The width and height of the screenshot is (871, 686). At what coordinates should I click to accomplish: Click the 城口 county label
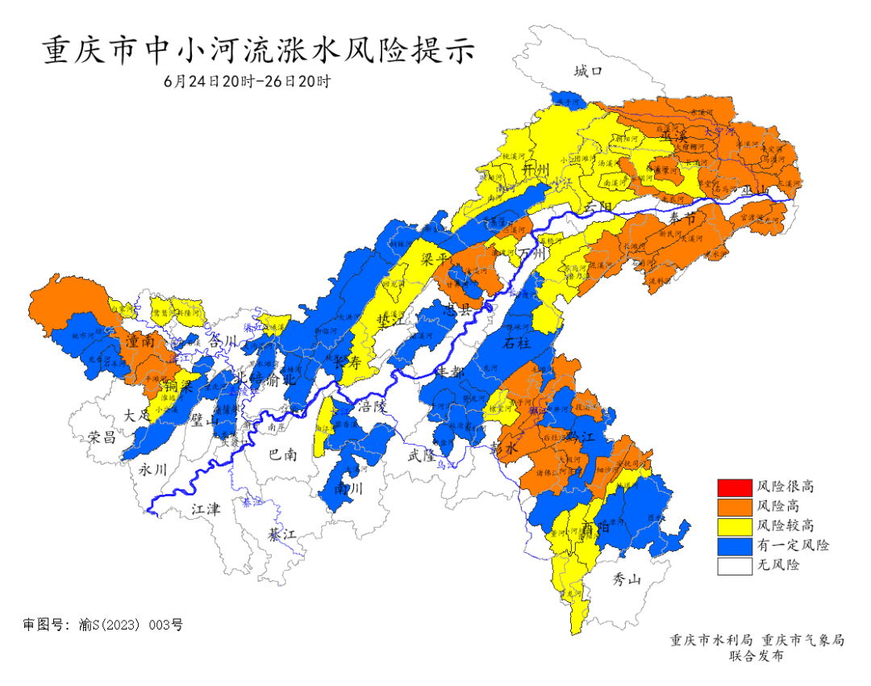click(x=588, y=72)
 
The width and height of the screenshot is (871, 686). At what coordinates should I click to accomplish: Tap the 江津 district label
click(x=206, y=510)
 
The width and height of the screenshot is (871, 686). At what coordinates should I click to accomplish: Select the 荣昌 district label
click(x=102, y=437)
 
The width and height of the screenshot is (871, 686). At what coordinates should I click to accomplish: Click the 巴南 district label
click(x=282, y=455)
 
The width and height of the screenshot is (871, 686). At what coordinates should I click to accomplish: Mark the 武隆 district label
click(x=422, y=455)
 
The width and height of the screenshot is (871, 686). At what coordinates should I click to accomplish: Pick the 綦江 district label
click(x=283, y=534)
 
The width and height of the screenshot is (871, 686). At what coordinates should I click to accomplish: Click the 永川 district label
click(x=152, y=469)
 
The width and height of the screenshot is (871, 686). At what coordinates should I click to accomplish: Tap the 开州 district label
click(x=535, y=169)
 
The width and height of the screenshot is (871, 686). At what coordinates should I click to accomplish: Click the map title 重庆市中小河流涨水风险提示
click(x=259, y=50)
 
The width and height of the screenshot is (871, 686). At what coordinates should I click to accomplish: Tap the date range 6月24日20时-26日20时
click(x=247, y=82)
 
